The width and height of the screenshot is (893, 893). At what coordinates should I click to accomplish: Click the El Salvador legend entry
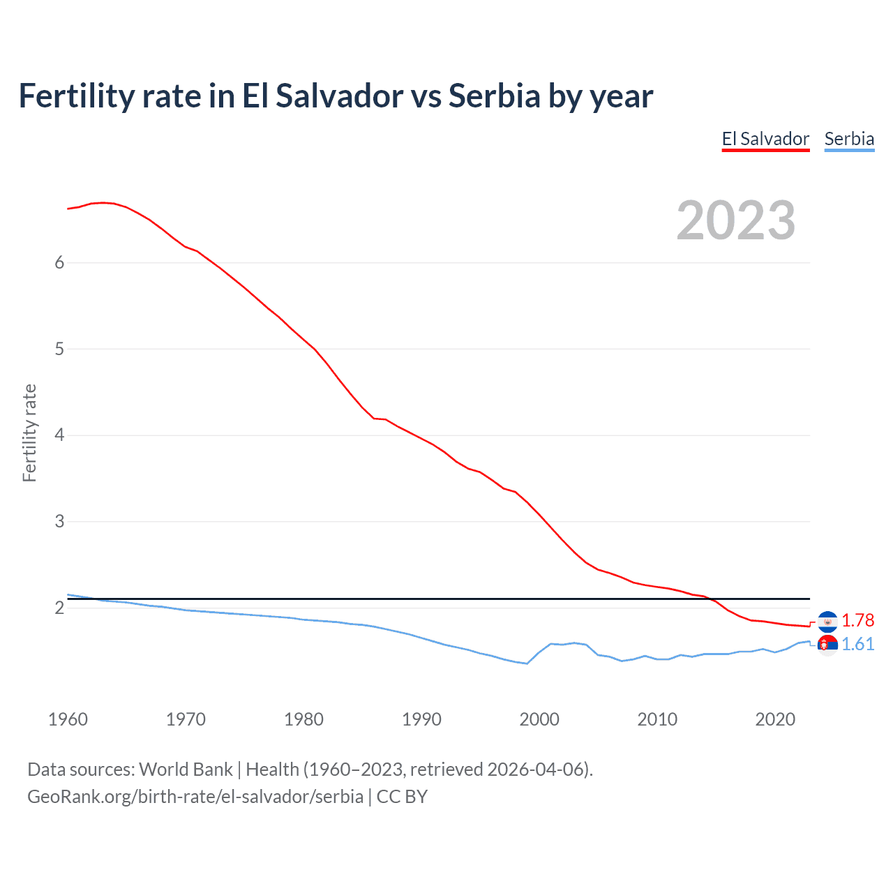click(765, 139)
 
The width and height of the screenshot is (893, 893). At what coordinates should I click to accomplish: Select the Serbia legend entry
click(849, 139)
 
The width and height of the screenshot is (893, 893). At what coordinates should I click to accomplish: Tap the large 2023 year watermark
click(736, 220)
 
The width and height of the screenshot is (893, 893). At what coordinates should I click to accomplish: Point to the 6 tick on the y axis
click(59, 262)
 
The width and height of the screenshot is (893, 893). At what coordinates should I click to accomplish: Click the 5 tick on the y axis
click(59, 349)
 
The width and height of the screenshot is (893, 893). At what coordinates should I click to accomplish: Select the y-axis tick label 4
click(59, 435)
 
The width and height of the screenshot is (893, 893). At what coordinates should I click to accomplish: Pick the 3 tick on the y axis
click(59, 521)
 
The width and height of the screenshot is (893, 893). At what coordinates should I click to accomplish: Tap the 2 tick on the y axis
click(59, 608)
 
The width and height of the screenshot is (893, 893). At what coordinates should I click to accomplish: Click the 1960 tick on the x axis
click(68, 719)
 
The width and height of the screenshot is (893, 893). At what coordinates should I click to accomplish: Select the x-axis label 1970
click(186, 719)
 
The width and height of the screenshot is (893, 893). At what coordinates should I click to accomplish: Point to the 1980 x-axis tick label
click(303, 719)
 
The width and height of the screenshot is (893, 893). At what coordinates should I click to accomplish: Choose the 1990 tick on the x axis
click(421, 719)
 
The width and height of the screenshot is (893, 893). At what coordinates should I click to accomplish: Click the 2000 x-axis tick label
click(539, 719)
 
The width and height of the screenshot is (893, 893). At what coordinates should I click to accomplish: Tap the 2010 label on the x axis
click(657, 719)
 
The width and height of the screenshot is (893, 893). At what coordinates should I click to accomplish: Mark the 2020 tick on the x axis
click(775, 719)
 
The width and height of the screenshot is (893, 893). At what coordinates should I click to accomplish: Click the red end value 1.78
click(857, 620)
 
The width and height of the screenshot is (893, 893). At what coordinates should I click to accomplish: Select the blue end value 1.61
click(857, 644)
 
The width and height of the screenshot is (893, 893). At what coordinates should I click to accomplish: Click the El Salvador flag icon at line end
click(827, 621)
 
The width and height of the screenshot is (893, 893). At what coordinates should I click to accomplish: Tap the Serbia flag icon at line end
click(827, 645)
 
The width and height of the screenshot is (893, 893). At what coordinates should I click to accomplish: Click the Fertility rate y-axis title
click(29, 433)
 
